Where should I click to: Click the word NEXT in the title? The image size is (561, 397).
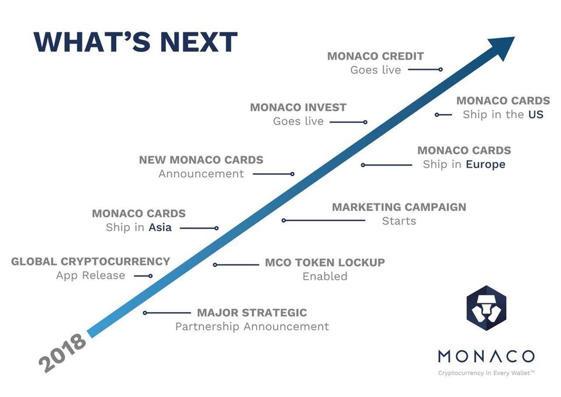pos(199,42)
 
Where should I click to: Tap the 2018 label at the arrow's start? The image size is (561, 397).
pos(63,353)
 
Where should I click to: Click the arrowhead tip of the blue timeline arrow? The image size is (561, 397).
pos(514,37)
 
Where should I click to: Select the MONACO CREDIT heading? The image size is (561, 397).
pos(375,56)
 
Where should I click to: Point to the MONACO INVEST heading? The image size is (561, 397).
pos(298,108)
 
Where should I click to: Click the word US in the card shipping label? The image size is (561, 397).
pos(536,115)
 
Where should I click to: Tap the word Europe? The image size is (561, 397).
pos(486,165)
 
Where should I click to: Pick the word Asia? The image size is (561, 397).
pos(160,227)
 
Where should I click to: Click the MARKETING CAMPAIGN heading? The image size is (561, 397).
pos(399,207)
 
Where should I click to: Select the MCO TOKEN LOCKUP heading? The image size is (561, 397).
pos(325,263)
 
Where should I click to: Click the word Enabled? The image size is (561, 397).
pos(325,277)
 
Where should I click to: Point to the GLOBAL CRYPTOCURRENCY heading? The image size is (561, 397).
pos(91,261)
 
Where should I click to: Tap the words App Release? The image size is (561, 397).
pos(91,275)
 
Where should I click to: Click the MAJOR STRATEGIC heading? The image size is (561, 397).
pos(252,313)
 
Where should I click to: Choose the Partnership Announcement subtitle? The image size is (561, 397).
pos(252,326)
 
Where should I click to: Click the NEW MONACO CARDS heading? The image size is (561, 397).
pos(201,160)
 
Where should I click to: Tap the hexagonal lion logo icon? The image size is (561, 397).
pos(486,308)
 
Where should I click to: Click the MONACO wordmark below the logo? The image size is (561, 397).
pos(486,357)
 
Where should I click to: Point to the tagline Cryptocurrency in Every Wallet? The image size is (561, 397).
pos(486,373)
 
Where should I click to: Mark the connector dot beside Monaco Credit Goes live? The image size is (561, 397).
pos(441,70)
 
